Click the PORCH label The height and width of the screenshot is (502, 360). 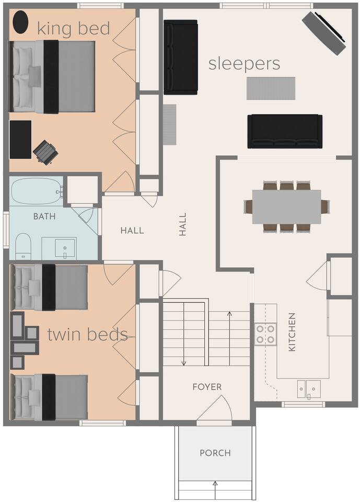tap(215, 453)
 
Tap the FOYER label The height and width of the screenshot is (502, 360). tap(207, 387)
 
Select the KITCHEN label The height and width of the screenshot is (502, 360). tap(292, 332)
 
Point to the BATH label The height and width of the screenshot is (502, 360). tap(44, 216)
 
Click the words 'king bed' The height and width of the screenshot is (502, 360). tap(74, 28)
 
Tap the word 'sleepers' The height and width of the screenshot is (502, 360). tap(244, 64)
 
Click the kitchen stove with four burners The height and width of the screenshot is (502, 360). tap(265, 334)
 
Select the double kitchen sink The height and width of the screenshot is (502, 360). tap(309, 389)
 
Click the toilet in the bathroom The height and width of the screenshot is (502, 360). tap(23, 246)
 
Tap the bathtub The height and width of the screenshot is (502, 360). tap(37, 191)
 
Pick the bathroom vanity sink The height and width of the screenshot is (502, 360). tap(65, 248)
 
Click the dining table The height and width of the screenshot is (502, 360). tap(287, 207)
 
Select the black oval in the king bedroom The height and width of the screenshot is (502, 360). tap(20, 22)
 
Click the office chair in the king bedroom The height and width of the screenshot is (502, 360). tap(46, 152)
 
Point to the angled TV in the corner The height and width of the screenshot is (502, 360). tap(324, 32)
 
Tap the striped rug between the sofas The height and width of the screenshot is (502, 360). tap(271, 88)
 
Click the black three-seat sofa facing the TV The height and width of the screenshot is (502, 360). tap(285, 131)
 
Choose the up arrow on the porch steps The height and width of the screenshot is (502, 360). tap(215, 490)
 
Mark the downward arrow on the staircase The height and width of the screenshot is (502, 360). tap(184, 334)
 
